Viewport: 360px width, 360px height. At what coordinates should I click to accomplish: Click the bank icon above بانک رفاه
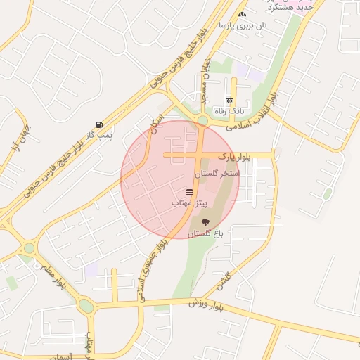coord(229,101)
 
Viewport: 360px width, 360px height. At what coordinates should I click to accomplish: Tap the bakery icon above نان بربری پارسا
coord(243,14)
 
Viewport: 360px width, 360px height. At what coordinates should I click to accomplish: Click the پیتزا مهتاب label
coord(189,202)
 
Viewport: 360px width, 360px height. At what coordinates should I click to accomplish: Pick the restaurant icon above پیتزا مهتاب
coord(189,192)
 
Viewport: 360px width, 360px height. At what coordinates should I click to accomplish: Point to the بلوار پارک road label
coord(234,155)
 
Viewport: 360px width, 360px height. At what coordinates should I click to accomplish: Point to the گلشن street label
coord(224,282)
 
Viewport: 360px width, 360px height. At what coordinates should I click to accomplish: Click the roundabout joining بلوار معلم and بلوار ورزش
coord(86,306)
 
